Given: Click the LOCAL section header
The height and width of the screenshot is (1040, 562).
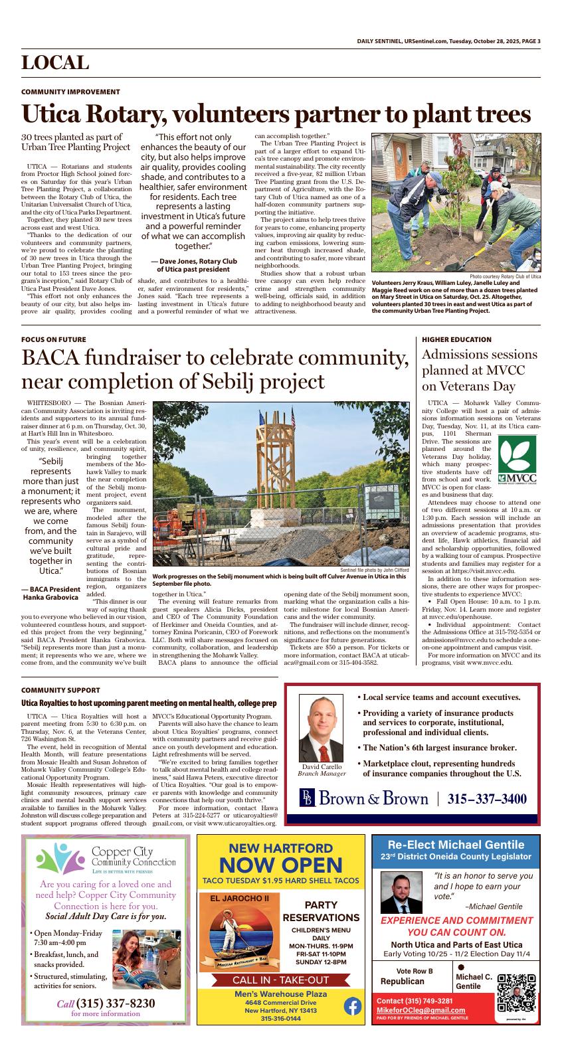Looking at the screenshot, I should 55,63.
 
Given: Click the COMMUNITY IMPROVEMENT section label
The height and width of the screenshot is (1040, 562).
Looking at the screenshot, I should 71,92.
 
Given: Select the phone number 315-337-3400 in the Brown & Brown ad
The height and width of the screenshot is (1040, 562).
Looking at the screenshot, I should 487,798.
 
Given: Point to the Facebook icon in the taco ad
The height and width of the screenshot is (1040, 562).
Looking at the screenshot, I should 353,1006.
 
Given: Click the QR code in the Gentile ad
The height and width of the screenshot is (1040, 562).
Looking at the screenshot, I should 516,993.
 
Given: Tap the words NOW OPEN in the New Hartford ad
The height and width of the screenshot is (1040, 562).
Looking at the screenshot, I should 281,865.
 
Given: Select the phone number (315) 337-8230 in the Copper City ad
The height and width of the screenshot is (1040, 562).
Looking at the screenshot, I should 106,1003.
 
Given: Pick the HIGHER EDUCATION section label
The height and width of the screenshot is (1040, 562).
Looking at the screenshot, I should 457,339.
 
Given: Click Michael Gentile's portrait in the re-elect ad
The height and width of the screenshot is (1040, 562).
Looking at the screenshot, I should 401,893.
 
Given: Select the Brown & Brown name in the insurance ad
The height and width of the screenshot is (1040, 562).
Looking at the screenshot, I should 373,798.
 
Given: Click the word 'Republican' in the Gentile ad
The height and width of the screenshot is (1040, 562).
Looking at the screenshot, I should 403,981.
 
